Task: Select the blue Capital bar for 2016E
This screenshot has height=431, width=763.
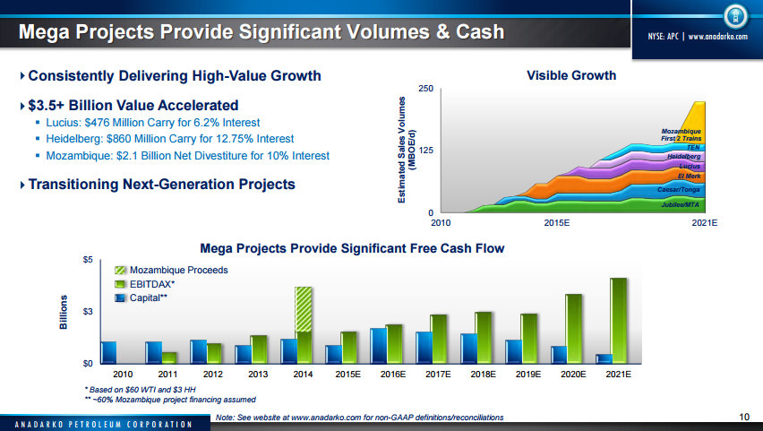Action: [378, 346]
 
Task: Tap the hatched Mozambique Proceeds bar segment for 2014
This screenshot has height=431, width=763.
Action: [304, 309]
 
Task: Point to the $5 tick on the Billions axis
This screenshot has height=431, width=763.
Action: [87, 260]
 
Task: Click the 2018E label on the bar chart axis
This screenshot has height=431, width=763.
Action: [483, 373]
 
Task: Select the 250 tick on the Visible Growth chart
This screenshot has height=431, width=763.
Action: [426, 89]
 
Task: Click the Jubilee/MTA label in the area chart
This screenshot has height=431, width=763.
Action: [681, 204]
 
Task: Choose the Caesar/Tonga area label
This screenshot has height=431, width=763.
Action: [679, 190]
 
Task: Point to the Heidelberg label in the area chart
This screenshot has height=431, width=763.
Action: [683, 157]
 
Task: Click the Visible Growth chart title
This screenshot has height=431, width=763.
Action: [570, 75]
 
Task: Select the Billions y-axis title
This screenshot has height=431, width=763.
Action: [64, 311]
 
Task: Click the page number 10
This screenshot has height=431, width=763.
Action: [744, 416]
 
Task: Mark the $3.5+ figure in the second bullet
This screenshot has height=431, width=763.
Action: [50, 104]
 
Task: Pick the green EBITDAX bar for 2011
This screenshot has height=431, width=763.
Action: [168, 358]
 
